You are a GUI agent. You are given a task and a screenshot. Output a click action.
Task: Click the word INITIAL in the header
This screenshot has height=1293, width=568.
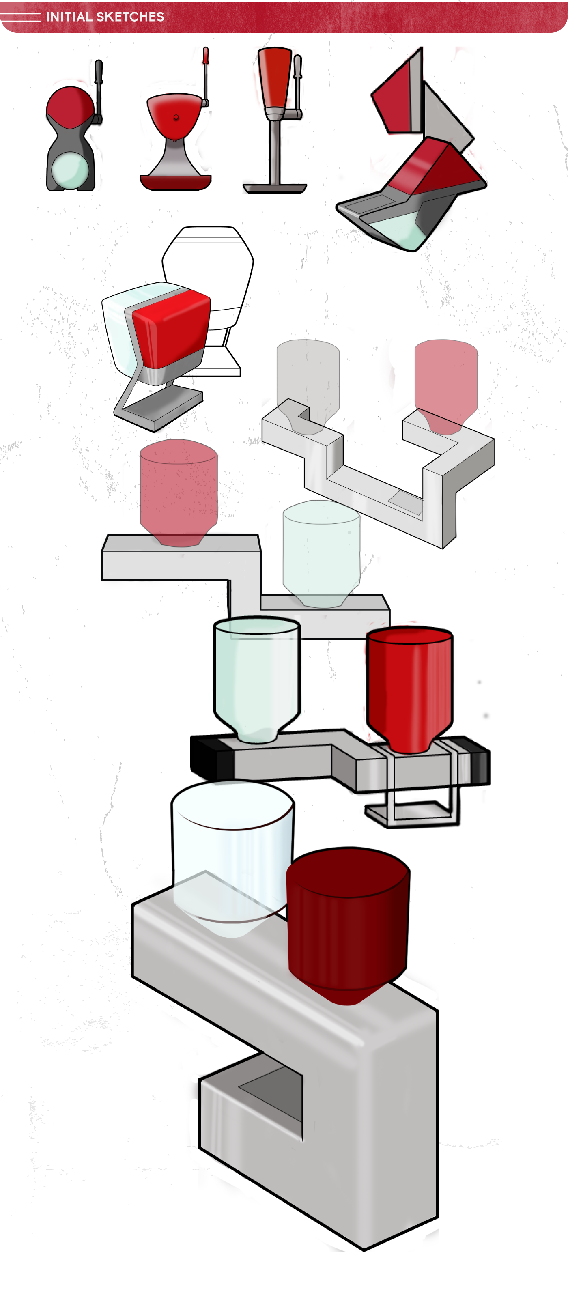[69, 17]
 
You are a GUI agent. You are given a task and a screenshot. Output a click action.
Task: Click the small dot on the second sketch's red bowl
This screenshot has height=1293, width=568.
[176, 118]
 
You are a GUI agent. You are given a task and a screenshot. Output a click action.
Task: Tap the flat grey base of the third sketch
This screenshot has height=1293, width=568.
[275, 189]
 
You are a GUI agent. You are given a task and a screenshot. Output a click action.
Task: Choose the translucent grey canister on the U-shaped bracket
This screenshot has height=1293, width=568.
[308, 381]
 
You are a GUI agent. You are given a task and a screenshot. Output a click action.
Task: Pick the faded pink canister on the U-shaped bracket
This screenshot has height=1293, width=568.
[445, 381]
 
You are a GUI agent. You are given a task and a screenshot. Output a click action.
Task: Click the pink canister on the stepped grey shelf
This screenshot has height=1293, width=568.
[179, 489]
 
